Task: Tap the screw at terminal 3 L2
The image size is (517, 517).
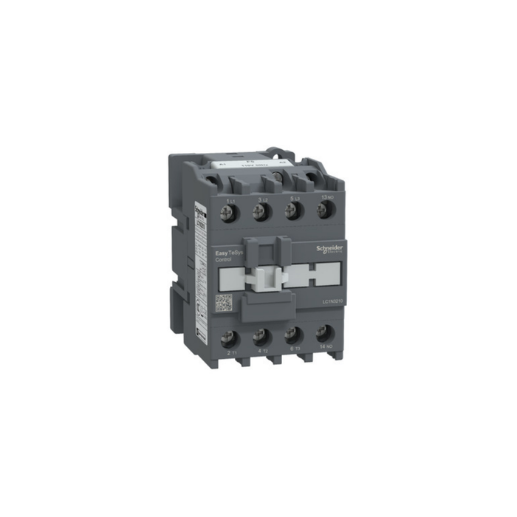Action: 260,212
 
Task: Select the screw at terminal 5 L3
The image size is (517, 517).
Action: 292,212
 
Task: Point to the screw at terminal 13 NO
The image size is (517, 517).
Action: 323,211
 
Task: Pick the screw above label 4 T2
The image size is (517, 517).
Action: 260,338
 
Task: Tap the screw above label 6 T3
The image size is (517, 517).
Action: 292,337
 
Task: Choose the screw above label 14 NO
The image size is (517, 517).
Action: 323,335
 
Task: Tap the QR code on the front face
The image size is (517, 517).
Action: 224,303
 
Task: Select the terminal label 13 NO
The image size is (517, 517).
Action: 325,197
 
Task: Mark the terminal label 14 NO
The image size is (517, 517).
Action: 325,349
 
